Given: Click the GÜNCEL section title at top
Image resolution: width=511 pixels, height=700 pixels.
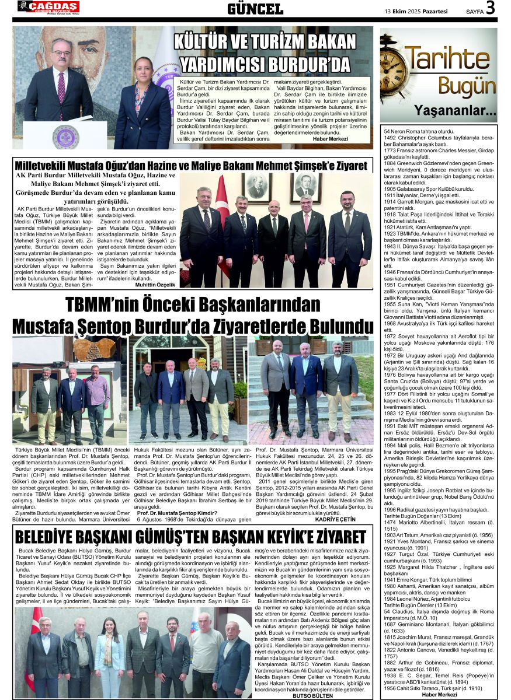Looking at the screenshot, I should [x=255, y=8].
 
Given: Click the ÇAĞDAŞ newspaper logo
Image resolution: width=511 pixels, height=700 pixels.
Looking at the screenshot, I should [x=48, y=7].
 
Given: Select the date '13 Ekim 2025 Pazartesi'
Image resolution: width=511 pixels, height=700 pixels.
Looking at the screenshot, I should [x=416, y=10].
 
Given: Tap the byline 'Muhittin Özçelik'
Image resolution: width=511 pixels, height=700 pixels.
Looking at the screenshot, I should [x=155, y=284].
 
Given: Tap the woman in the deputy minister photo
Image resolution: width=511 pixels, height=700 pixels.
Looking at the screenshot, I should [x=142, y=105].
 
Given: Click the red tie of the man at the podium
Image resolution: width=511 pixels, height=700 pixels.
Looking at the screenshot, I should [x=61, y=87].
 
